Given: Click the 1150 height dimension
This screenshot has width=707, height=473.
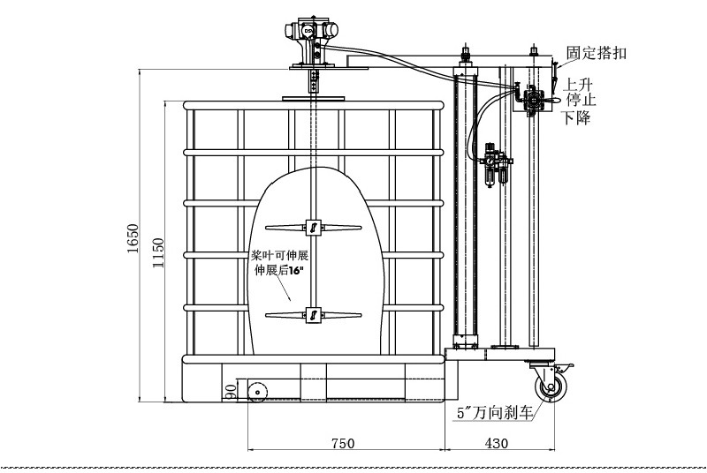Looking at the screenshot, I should (158, 252).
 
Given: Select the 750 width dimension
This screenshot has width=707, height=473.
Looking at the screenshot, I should (343, 445).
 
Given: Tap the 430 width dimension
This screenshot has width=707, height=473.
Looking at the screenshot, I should (498, 445).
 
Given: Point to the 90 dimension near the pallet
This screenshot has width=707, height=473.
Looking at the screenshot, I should (231, 390).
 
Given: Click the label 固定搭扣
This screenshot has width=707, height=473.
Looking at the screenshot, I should (597, 53).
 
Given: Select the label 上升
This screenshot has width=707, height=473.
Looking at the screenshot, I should (579, 85).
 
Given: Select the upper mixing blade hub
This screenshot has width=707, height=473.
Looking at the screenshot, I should (311, 228).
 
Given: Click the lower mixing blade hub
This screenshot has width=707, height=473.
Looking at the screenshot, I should (311, 314).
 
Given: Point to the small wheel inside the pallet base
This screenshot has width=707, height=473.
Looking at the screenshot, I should (257, 393).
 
